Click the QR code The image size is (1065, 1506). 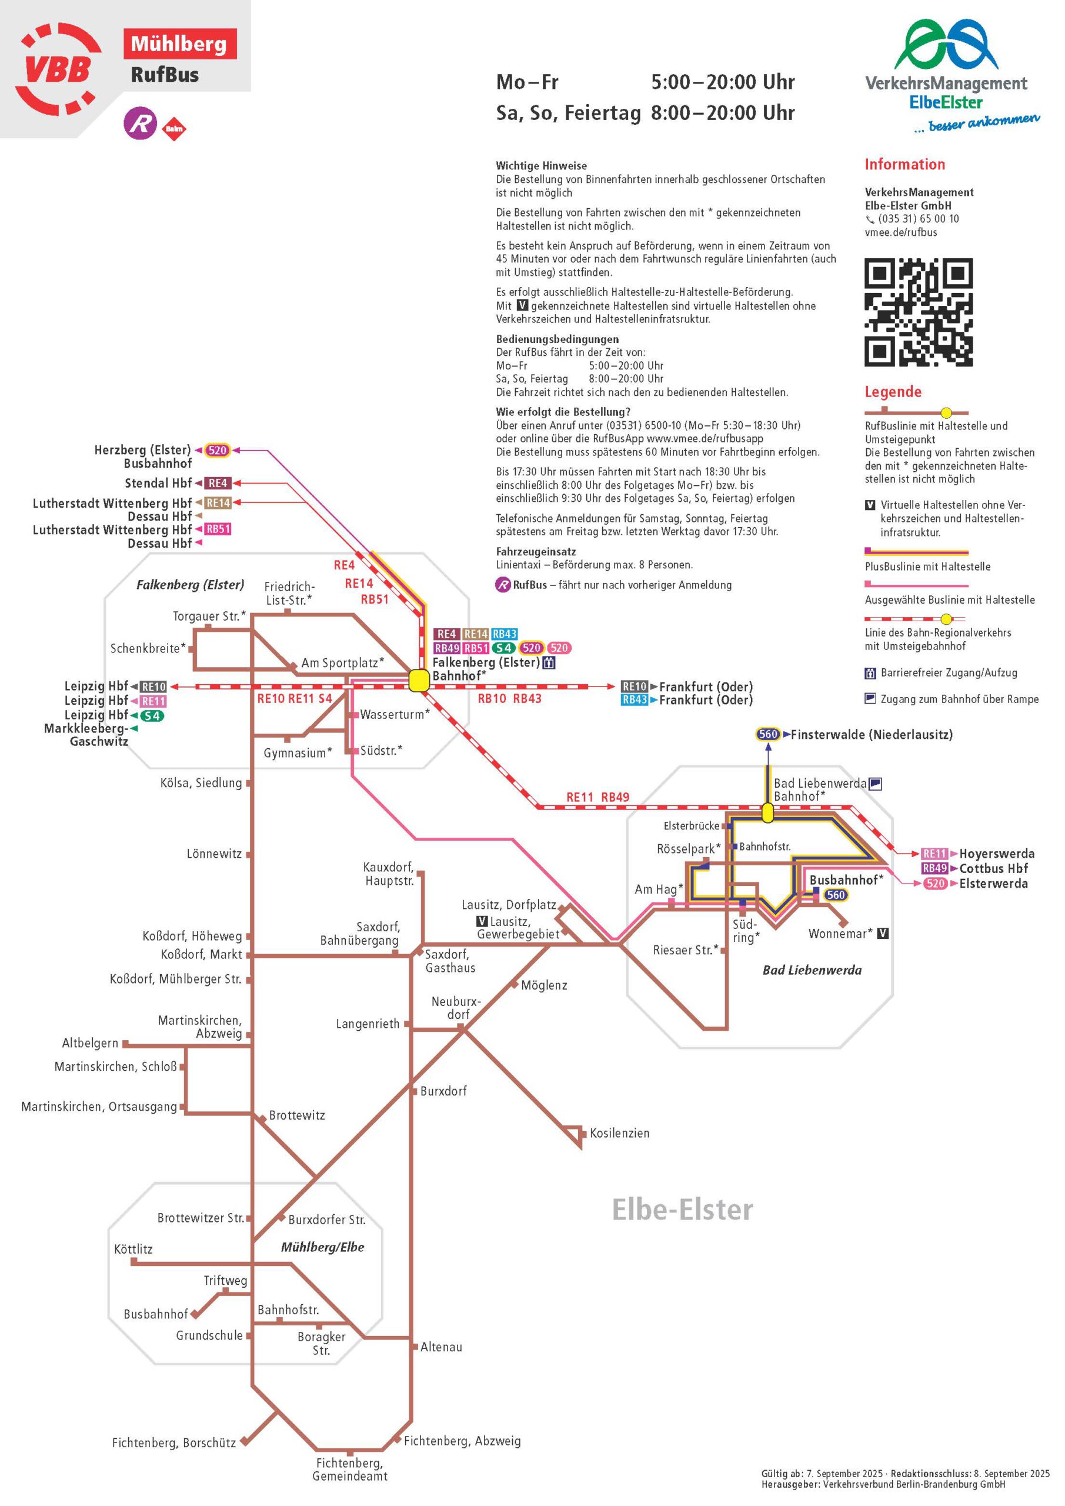click(x=918, y=312)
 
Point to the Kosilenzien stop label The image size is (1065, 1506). click(x=619, y=1134)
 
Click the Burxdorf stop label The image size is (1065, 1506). click(x=443, y=1091)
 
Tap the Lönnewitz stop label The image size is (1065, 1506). click(x=214, y=854)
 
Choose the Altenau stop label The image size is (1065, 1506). click(x=440, y=1347)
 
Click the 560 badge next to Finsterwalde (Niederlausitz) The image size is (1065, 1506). click(x=768, y=735)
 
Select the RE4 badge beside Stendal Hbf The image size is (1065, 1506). click(x=217, y=484)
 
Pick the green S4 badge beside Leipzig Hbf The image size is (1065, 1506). click(x=152, y=715)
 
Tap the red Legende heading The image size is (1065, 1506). click(x=893, y=392)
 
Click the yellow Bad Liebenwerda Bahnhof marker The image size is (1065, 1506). click(x=767, y=814)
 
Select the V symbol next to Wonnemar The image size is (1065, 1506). click(x=883, y=934)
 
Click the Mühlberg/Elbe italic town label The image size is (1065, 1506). click(x=322, y=1248)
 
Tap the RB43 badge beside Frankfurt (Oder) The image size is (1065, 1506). click(x=634, y=700)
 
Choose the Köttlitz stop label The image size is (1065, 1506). click(x=133, y=1250)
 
